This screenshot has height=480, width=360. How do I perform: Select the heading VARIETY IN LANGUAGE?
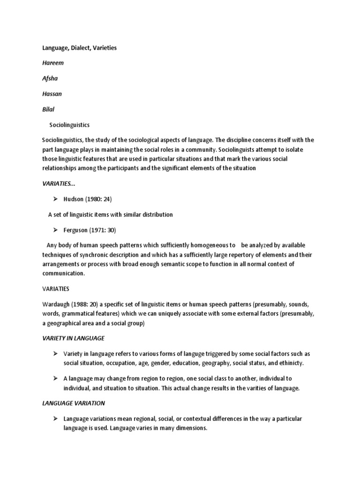pyautogui.click(x=73, y=338)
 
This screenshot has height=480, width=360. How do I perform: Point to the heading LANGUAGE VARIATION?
pyautogui.click(x=73, y=403)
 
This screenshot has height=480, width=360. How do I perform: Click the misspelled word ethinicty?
pyautogui.click(x=290, y=363)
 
